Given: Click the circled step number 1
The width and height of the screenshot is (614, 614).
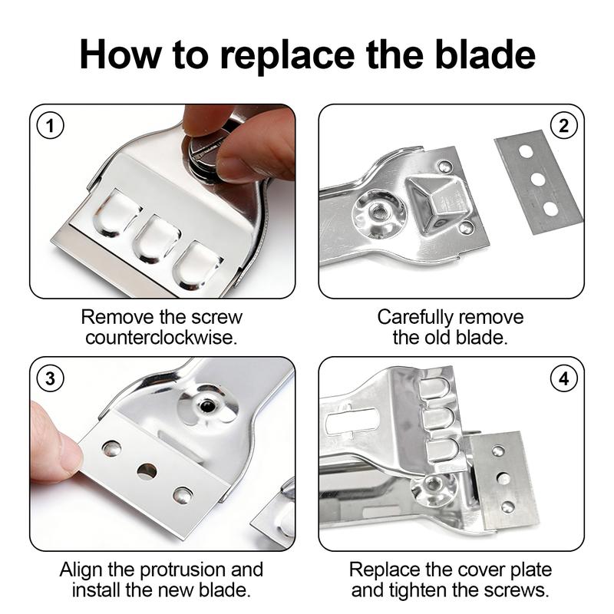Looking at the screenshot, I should coord(51,126).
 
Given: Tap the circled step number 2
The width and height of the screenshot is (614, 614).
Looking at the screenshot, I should coord(563,126).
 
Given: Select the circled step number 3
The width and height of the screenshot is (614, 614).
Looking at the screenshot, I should coord(51,378).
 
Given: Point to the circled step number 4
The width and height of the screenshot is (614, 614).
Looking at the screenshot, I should coord(563,378).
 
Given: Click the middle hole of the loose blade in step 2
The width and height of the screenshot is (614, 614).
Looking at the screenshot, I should coord(538,180).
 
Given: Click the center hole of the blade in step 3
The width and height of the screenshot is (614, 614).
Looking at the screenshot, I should coord(147,470).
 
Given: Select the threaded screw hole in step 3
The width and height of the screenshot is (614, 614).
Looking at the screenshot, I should coord(205,404).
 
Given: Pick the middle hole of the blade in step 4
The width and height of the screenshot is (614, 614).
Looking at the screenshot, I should coord(503,477).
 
